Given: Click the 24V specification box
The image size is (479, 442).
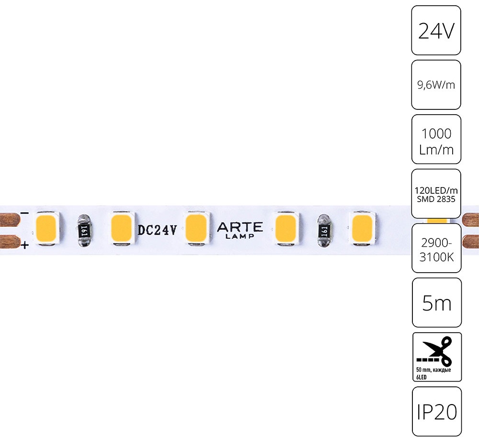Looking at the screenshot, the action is click(436, 30).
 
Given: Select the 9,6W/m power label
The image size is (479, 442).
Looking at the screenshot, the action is click(436, 85).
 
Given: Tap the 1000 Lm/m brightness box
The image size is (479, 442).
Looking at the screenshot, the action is click(436, 139).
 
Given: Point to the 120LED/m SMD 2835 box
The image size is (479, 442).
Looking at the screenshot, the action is click(436, 194).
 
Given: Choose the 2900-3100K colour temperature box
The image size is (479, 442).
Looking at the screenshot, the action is click(436, 248).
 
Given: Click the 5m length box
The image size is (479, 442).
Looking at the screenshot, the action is click(436, 303).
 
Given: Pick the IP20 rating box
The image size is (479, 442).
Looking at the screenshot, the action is click(436, 412).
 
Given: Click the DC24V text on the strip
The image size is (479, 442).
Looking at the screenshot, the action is click(157, 230).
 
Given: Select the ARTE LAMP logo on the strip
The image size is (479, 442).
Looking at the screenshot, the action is click(240, 230).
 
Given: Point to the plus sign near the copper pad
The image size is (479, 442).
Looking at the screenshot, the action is click(25, 245).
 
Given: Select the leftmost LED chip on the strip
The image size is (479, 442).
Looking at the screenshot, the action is click(47, 228).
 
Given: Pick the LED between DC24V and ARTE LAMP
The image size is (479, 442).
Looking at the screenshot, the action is click(196, 228).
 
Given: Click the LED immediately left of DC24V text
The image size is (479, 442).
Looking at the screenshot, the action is click(121, 228).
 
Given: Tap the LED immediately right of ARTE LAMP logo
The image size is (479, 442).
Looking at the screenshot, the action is click(285, 228).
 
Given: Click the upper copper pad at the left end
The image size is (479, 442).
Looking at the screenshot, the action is click(10, 219).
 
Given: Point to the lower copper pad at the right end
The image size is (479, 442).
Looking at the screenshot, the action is click(470, 242).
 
